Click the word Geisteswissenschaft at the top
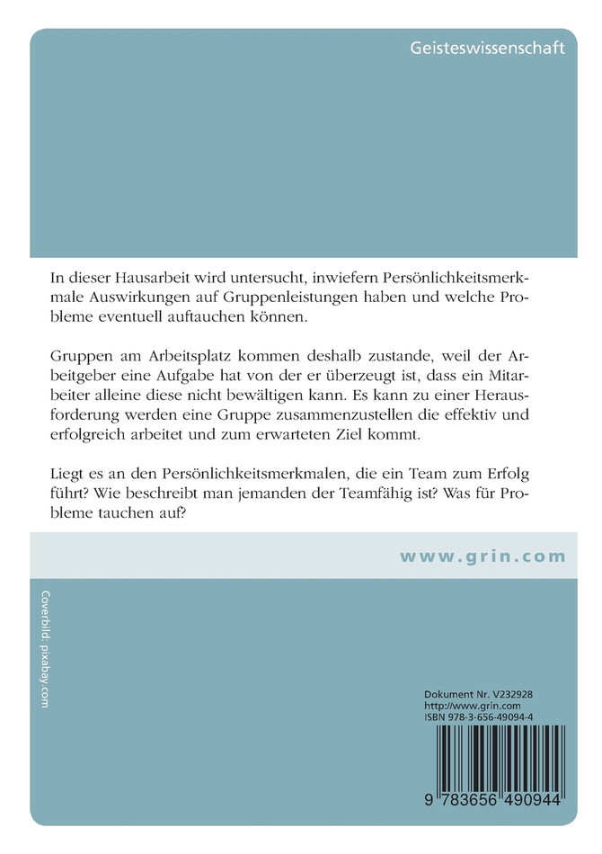(487, 48)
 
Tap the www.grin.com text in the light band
(482, 556)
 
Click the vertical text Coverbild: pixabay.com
(45, 649)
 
